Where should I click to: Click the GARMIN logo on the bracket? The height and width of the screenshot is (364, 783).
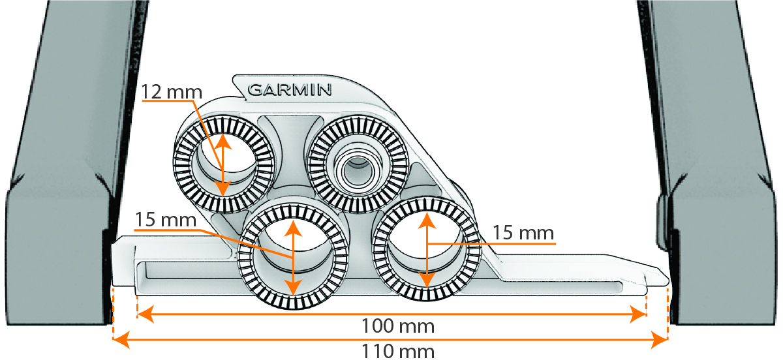pyautogui.click(x=290, y=89)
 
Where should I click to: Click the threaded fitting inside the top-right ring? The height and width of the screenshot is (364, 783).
pyautogui.click(x=357, y=164)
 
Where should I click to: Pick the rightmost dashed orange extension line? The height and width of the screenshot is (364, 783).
pyautogui.click(x=669, y=313)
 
